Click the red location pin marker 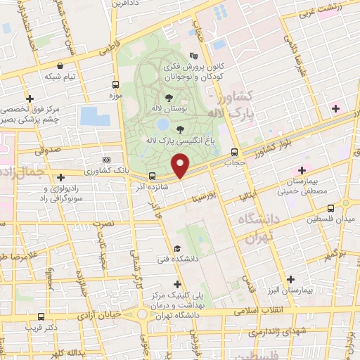click(181, 166)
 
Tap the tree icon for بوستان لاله click(169, 99)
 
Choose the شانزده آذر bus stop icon click(151, 176)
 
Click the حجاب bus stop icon click(235, 151)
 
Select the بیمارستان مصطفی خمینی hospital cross click(302, 170)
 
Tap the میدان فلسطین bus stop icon click(332, 208)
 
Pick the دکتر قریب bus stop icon click(41, 316)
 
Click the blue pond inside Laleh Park click(162, 125)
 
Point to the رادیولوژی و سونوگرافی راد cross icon click(60, 176)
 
